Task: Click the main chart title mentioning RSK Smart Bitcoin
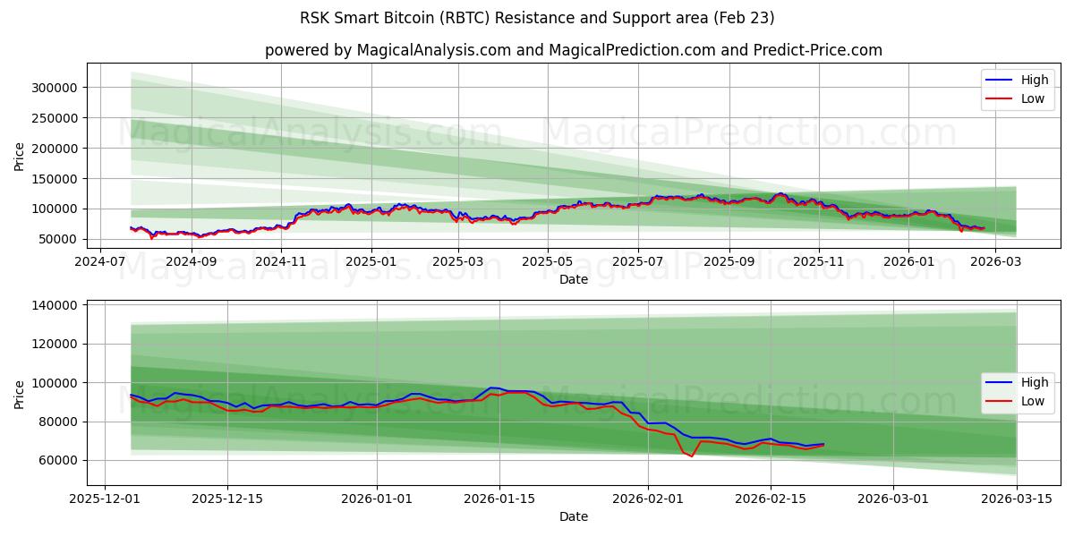tap(537, 18)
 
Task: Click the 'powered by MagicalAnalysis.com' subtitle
tap(573, 50)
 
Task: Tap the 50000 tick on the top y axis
tap(57, 239)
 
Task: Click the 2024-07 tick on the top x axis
tap(100, 261)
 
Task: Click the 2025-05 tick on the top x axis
tap(548, 261)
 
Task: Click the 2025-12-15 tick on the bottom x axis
tap(227, 499)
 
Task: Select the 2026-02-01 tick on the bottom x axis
tap(648, 499)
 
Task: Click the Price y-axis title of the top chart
tap(20, 157)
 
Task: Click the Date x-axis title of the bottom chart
tap(573, 516)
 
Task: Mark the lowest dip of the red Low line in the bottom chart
tap(691, 456)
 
